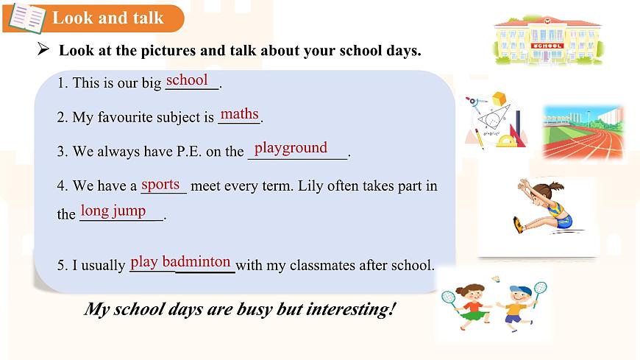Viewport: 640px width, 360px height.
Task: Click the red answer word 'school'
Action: pos(187,80)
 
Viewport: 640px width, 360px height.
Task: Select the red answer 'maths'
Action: pos(240,114)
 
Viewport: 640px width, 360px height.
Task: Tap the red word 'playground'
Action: pos(291,148)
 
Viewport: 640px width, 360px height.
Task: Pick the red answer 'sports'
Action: pos(160,184)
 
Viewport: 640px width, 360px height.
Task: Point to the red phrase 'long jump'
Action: pos(113,211)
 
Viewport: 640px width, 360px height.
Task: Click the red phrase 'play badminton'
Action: pos(181,261)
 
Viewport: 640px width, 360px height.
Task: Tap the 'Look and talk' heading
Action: pos(108,18)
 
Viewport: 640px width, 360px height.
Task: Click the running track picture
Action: pos(583,133)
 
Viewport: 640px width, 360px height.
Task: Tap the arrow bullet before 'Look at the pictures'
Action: pos(43,50)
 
